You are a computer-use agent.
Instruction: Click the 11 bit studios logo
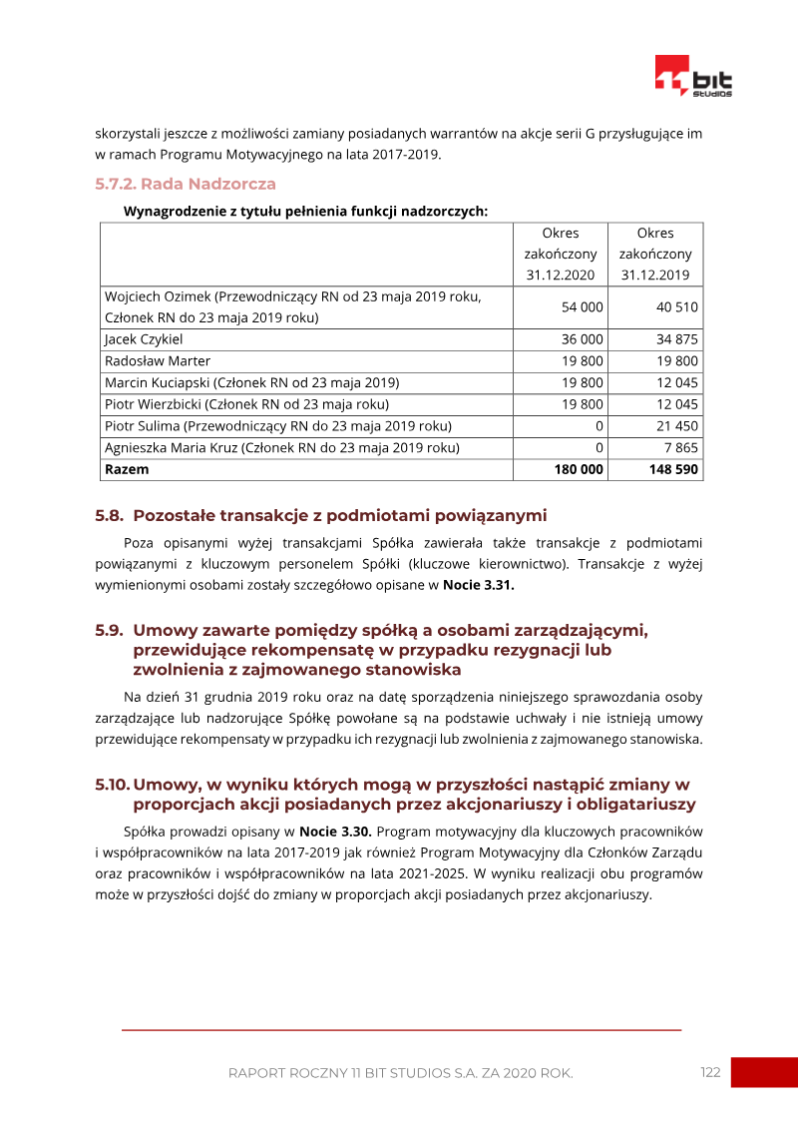[693, 77]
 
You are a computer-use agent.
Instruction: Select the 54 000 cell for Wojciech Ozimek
[583, 307]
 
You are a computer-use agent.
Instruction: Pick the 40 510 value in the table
[677, 307]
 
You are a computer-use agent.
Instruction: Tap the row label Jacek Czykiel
[144, 339]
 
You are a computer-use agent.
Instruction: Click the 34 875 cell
[677, 339]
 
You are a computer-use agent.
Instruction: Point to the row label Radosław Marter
[158, 361]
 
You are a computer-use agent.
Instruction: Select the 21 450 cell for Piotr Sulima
[678, 426]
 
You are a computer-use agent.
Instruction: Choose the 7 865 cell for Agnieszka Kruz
[682, 448]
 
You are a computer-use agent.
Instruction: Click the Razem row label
[127, 469]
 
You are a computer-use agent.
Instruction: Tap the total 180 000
[579, 469]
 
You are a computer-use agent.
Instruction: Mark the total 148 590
[673, 469]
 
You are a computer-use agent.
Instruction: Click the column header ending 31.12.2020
[561, 255]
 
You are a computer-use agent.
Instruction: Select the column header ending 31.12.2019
[654, 255]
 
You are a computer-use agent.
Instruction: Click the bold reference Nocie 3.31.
[479, 585]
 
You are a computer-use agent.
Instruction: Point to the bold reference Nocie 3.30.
[335, 831]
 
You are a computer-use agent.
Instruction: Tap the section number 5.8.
[109, 516]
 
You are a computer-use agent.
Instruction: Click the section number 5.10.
[112, 785]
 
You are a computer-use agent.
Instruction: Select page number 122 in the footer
[710, 1072]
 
